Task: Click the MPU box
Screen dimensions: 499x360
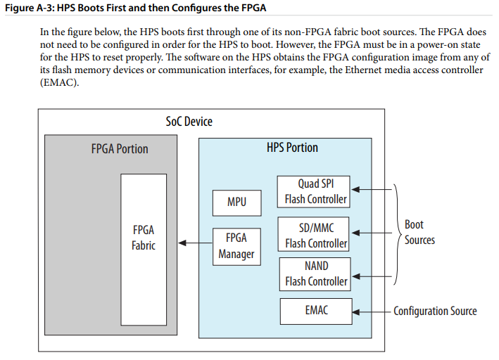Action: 236,203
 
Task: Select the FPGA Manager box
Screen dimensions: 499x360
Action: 236,247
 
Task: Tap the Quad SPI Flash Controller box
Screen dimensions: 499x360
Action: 313,192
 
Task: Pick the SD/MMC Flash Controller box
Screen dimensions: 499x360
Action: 313,234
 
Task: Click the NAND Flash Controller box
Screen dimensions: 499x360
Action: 315,274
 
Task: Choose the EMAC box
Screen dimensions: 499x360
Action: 316,311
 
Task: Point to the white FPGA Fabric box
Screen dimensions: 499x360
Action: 144,250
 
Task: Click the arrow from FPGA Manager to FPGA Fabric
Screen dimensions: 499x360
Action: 195,243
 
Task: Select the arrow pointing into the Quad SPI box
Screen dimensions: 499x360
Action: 372,190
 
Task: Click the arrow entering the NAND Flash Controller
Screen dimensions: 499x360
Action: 372,276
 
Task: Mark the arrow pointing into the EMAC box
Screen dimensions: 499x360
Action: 372,312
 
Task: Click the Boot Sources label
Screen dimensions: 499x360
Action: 419,232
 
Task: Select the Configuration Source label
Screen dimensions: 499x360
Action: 435,311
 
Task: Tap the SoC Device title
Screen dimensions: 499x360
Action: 189,121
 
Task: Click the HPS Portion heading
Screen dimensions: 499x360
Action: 292,147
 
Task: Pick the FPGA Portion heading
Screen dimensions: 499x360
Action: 120,148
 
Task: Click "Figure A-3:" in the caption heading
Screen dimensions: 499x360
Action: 30,8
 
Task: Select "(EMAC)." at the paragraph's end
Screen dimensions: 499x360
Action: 59,83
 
